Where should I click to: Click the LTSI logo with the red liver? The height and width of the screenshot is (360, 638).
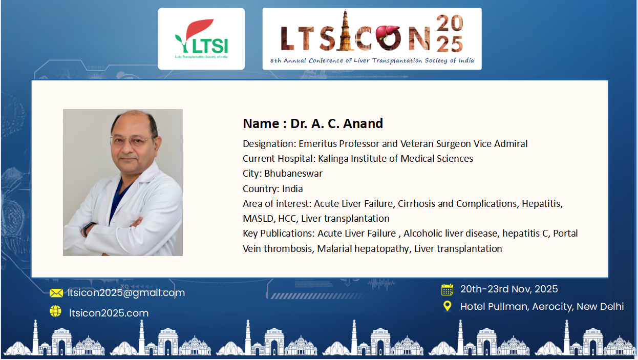pos(201,39)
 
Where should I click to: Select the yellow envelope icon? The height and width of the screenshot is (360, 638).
pos(56,293)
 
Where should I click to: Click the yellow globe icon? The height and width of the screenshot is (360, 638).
pos(55,311)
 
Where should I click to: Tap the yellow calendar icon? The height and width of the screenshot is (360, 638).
pos(447,289)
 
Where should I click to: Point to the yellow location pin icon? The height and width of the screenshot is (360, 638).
pos(447,306)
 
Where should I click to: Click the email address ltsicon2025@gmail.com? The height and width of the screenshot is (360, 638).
pos(126,293)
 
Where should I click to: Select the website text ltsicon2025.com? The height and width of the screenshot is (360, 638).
pos(109,313)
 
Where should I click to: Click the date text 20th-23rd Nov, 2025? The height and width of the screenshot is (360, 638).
pos(509,289)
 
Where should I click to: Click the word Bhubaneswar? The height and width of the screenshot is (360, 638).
pos(293,174)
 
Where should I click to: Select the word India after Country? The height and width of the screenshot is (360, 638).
pos(292,188)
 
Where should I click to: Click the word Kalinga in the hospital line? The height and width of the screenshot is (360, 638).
pos(333,159)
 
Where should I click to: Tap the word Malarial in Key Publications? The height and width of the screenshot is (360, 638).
pos(334,249)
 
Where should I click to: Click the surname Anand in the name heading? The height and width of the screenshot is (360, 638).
pos(363,123)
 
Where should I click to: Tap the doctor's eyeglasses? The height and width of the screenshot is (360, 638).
pos(133,140)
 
